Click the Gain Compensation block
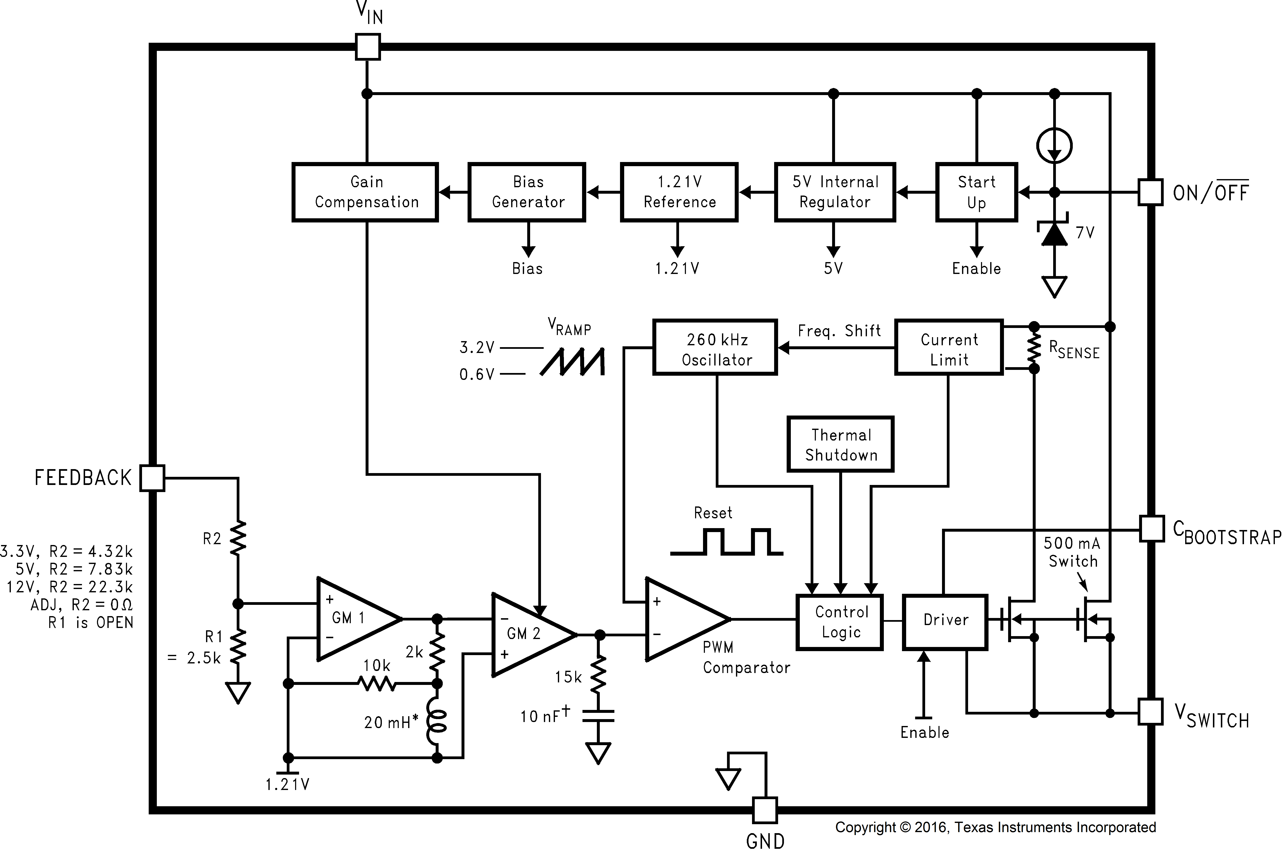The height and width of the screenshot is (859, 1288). pyautogui.click(x=365, y=192)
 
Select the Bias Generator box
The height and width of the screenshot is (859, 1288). pyautogui.click(x=527, y=192)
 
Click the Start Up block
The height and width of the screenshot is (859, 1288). pyautogui.click(x=976, y=192)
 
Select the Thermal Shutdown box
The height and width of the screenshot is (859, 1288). pyautogui.click(x=840, y=444)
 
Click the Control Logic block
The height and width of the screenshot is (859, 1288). pyautogui.click(x=840, y=622)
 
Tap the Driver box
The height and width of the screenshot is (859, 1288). pyautogui.click(x=945, y=622)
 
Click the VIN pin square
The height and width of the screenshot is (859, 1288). pyautogui.click(x=368, y=46)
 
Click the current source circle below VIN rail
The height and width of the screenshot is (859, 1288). pyautogui.click(x=1054, y=145)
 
